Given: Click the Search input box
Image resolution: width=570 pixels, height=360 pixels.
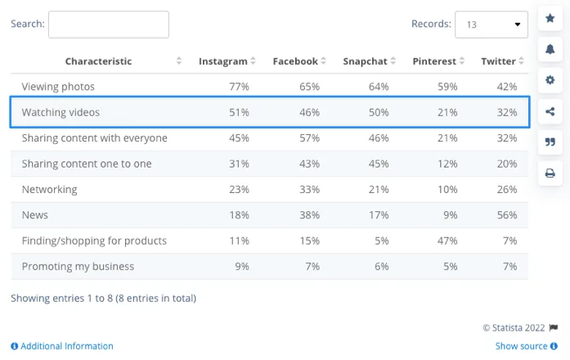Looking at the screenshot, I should click(108, 25).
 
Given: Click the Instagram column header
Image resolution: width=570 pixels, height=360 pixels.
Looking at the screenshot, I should click(222, 61).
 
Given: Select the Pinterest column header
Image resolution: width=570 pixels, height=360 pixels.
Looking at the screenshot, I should click(434, 61).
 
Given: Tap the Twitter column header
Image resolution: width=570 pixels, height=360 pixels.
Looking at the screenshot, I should click(498, 61).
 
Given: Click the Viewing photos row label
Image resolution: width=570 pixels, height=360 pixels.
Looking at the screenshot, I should click(58, 87).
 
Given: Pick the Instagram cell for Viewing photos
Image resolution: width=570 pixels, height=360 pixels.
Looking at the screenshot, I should click(239, 87).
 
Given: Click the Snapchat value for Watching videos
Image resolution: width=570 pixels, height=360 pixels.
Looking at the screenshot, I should click(378, 112).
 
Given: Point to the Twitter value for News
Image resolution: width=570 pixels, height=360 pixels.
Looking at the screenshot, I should click(506, 215).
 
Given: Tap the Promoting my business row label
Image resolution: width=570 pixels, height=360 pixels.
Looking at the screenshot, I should click(78, 266).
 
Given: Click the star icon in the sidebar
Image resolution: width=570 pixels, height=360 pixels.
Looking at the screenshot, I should click(550, 17).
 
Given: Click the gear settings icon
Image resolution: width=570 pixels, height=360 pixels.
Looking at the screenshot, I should click(550, 80).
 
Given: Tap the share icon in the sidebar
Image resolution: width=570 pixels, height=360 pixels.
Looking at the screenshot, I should click(550, 111).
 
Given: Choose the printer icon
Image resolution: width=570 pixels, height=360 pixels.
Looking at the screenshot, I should click(550, 173).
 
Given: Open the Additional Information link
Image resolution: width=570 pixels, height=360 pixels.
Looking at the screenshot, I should click(66, 346).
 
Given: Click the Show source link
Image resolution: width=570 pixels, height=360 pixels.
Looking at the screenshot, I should click(521, 346).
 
